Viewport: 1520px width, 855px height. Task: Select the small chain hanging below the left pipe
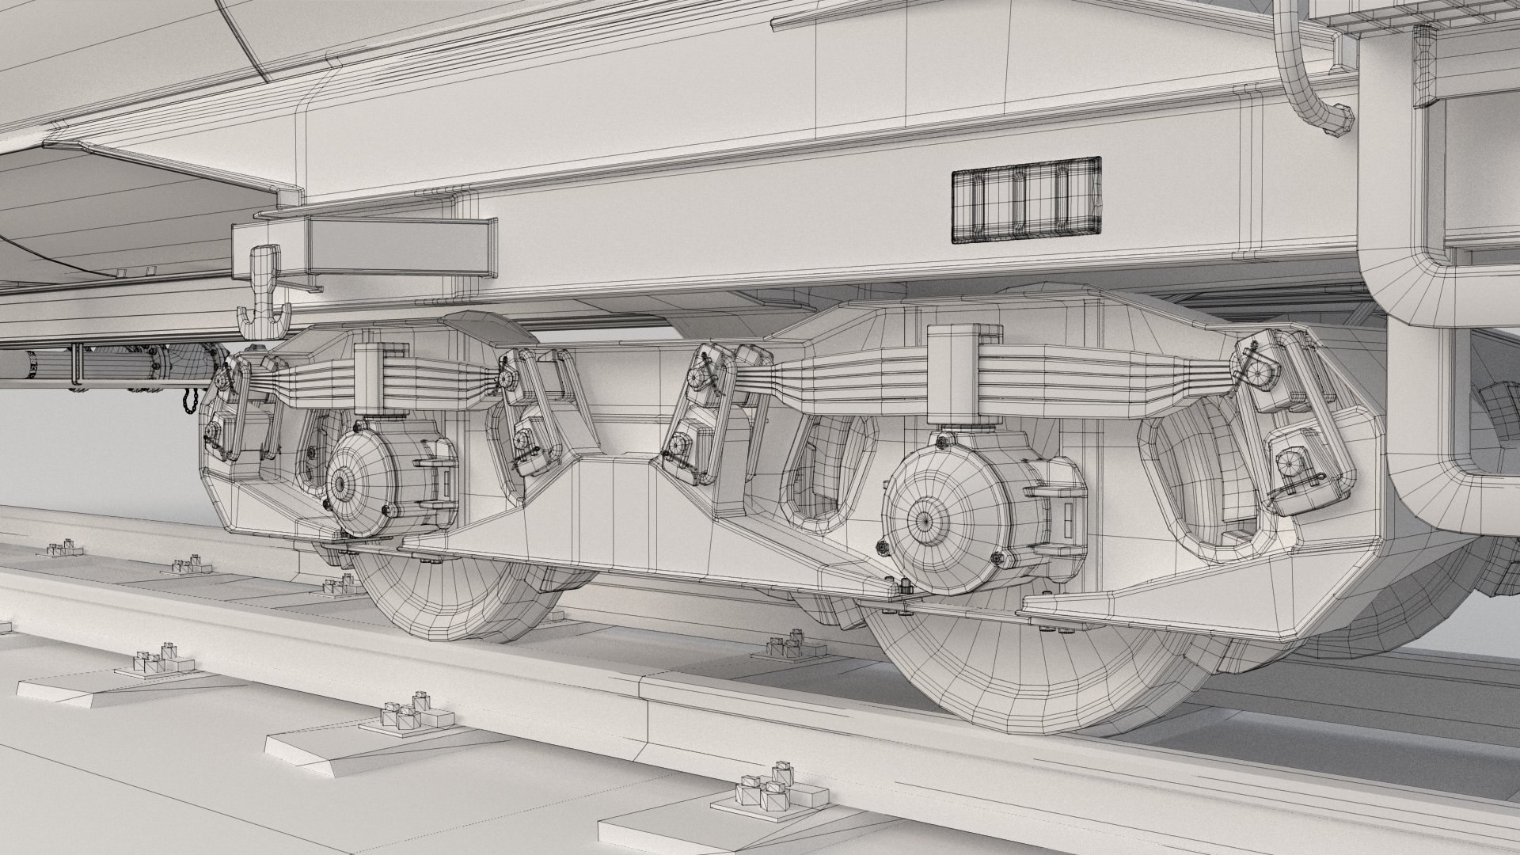click(x=187, y=399)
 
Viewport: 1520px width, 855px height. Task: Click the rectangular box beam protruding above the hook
click(x=364, y=245)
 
